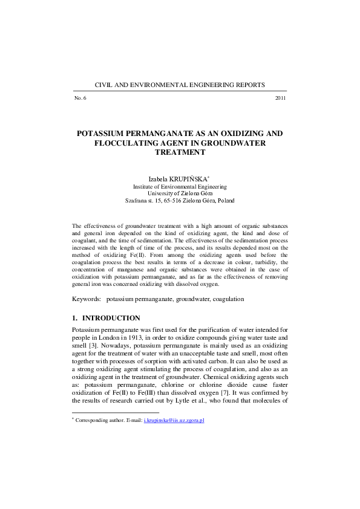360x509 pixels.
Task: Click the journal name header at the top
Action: click(x=180, y=85)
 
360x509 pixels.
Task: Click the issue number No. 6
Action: click(x=80, y=98)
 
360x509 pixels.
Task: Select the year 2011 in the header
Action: click(x=280, y=98)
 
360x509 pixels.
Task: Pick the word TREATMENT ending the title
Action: click(x=180, y=152)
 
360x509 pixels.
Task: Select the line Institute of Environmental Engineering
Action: click(x=180, y=187)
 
